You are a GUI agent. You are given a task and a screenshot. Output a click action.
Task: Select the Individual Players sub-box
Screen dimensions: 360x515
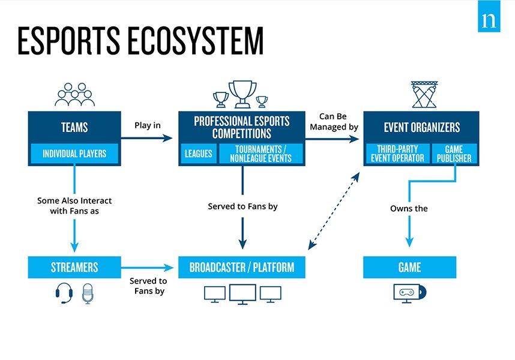(74, 154)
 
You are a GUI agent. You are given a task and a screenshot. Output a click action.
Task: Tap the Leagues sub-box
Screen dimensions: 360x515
(198, 154)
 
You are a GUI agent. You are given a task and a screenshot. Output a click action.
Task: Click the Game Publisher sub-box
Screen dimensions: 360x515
(454, 154)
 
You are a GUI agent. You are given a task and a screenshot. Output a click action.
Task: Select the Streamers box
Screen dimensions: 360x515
(74, 267)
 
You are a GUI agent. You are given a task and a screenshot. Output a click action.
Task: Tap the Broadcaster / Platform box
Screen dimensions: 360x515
(242, 267)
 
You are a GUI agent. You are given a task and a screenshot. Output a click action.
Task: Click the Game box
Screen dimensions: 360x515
(409, 267)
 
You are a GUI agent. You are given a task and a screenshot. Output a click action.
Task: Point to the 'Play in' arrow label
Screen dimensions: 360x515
(148, 126)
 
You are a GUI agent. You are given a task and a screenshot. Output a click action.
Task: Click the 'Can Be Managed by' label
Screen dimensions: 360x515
(334, 122)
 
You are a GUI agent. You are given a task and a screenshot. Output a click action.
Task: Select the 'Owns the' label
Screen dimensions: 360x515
(409, 209)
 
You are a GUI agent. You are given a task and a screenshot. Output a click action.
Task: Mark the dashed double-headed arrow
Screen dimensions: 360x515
(334, 211)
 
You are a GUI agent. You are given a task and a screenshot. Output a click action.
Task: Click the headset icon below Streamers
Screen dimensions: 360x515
(64, 294)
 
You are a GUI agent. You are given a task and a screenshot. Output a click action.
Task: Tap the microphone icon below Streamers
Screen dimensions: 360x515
(89, 294)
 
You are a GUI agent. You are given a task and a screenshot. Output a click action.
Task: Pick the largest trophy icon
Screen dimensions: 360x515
(242, 93)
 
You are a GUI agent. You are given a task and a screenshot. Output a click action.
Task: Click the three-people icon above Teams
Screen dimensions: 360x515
(74, 95)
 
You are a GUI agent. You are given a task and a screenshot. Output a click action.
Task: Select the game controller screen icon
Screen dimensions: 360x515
(409, 293)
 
